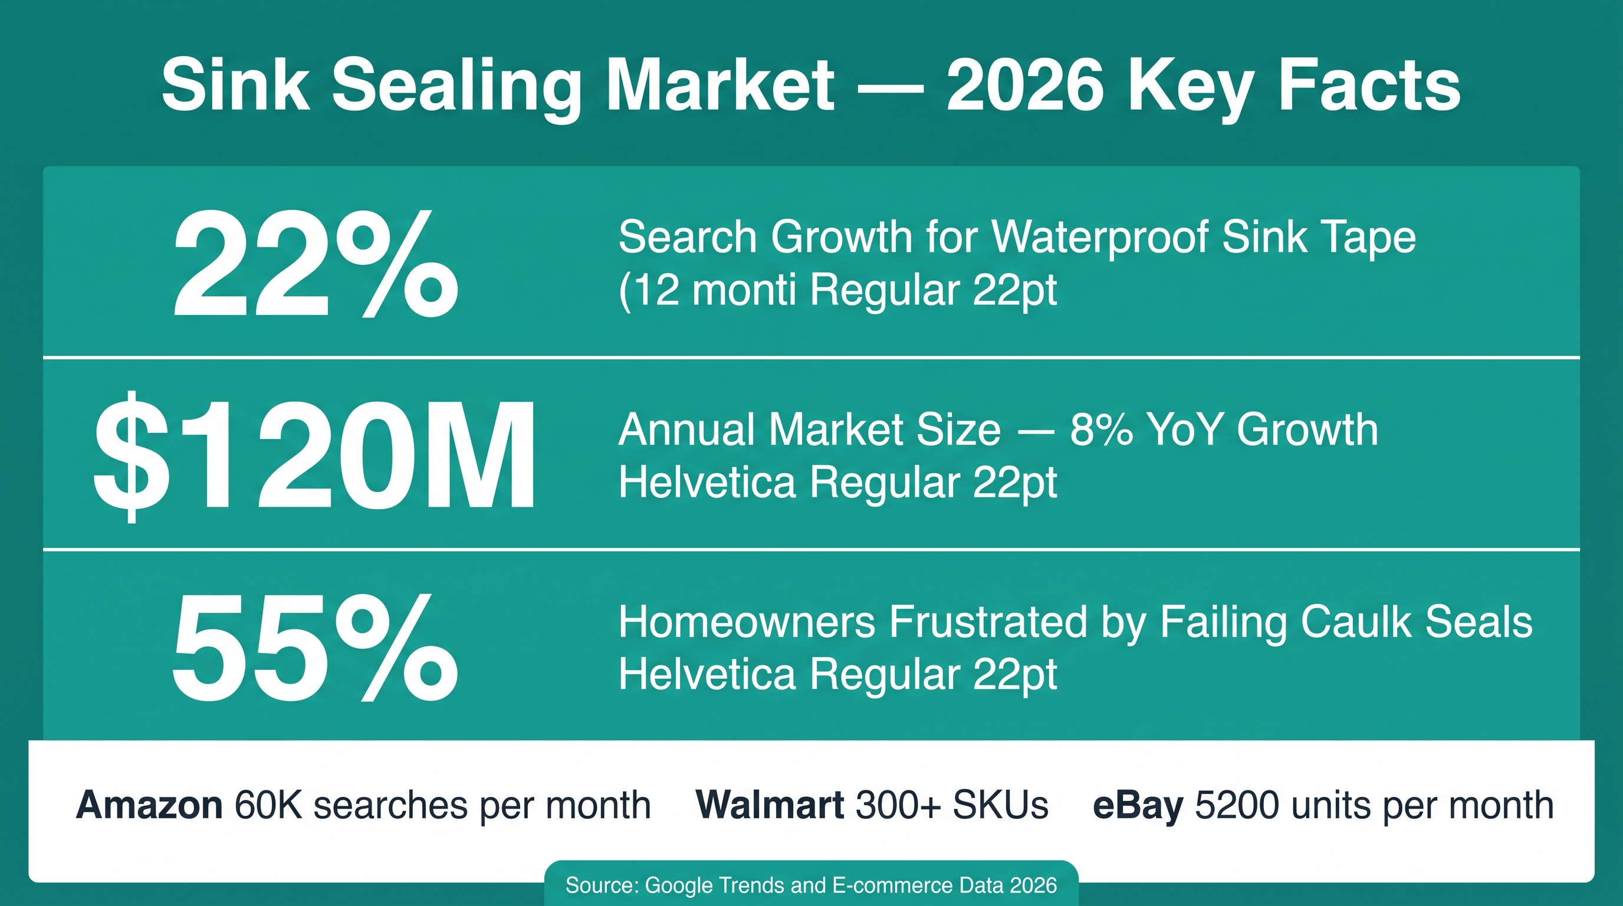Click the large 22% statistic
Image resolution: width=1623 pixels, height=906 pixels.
point(316,265)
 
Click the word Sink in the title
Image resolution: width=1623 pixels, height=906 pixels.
point(235,85)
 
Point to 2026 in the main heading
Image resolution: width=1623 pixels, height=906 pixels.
point(1025,85)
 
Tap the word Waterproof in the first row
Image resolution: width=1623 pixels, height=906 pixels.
point(1099,238)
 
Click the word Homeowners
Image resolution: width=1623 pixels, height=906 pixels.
point(747,622)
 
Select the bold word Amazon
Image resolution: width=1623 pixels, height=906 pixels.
point(149,805)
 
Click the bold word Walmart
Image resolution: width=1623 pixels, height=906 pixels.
point(770,805)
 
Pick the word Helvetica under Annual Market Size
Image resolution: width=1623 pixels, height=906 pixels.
point(708,482)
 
